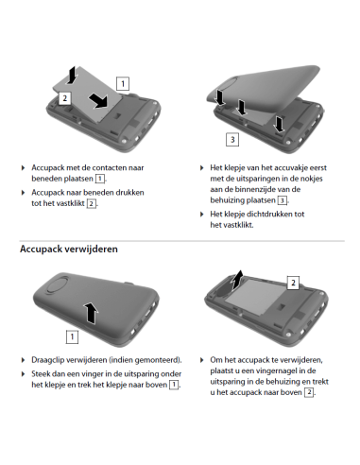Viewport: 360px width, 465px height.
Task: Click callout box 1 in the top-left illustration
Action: pyautogui.click(x=124, y=82)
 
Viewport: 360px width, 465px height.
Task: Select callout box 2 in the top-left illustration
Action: pyautogui.click(x=64, y=97)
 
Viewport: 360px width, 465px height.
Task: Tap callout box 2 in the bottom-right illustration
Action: pyautogui.click(x=293, y=283)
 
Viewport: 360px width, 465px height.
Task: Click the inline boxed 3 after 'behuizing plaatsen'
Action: pyautogui.click(x=282, y=201)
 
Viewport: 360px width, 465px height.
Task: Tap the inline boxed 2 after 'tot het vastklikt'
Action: pyautogui.click(x=91, y=203)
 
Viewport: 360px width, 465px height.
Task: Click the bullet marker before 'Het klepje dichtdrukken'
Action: pyautogui.click(x=201, y=215)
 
